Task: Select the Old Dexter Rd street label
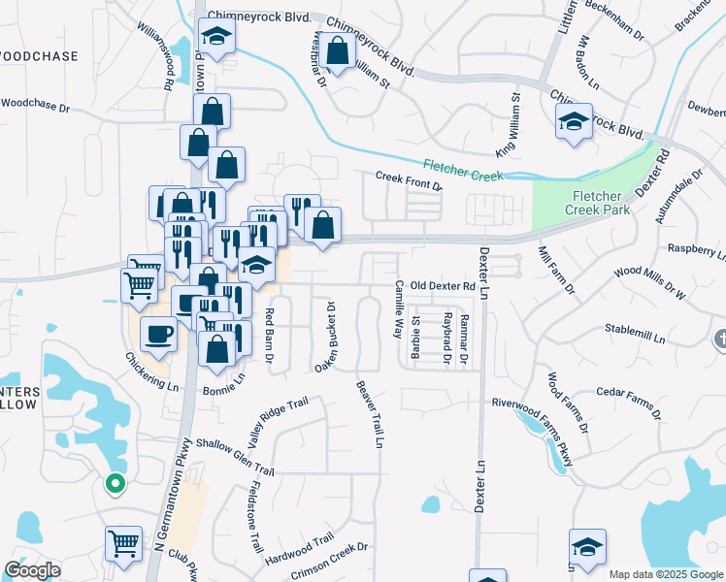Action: pyautogui.click(x=442, y=286)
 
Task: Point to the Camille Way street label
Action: pyautogui.click(x=398, y=307)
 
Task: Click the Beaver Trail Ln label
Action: pyautogui.click(x=371, y=413)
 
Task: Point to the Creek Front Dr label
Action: pyautogui.click(x=409, y=181)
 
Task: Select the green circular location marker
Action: pyautogui.click(x=115, y=482)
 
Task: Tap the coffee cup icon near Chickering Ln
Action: pyautogui.click(x=157, y=334)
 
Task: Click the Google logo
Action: pyautogui.click(x=32, y=571)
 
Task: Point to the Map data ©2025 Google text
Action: pyautogui.click(x=666, y=574)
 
